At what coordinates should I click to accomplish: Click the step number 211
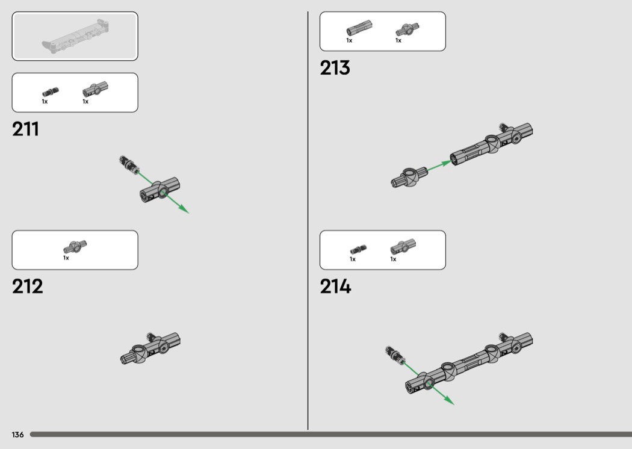click(25, 129)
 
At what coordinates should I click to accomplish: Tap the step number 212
click(28, 286)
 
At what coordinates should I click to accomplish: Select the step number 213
click(335, 68)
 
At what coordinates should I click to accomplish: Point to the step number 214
click(335, 286)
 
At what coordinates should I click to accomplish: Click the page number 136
click(17, 435)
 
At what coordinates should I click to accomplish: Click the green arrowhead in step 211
click(184, 209)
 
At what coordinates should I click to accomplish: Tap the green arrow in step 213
click(439, 166)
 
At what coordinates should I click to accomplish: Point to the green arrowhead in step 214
click(449, 400)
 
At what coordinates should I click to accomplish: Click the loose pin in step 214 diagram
click(395, 355)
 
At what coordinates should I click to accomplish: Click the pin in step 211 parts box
click(51, 92)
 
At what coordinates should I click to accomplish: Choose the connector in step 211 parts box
click(96, 89)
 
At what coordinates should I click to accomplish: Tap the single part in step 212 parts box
click(75, 247)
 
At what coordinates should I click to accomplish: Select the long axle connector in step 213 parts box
click(359, 28)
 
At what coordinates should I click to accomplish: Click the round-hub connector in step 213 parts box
click(407, 29)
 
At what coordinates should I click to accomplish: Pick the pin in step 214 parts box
click(358, 250)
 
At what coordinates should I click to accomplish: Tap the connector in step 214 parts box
click(403, 247)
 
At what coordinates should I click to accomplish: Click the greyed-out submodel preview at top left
click(75, 36)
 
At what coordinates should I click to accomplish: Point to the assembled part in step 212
click(150, 348)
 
